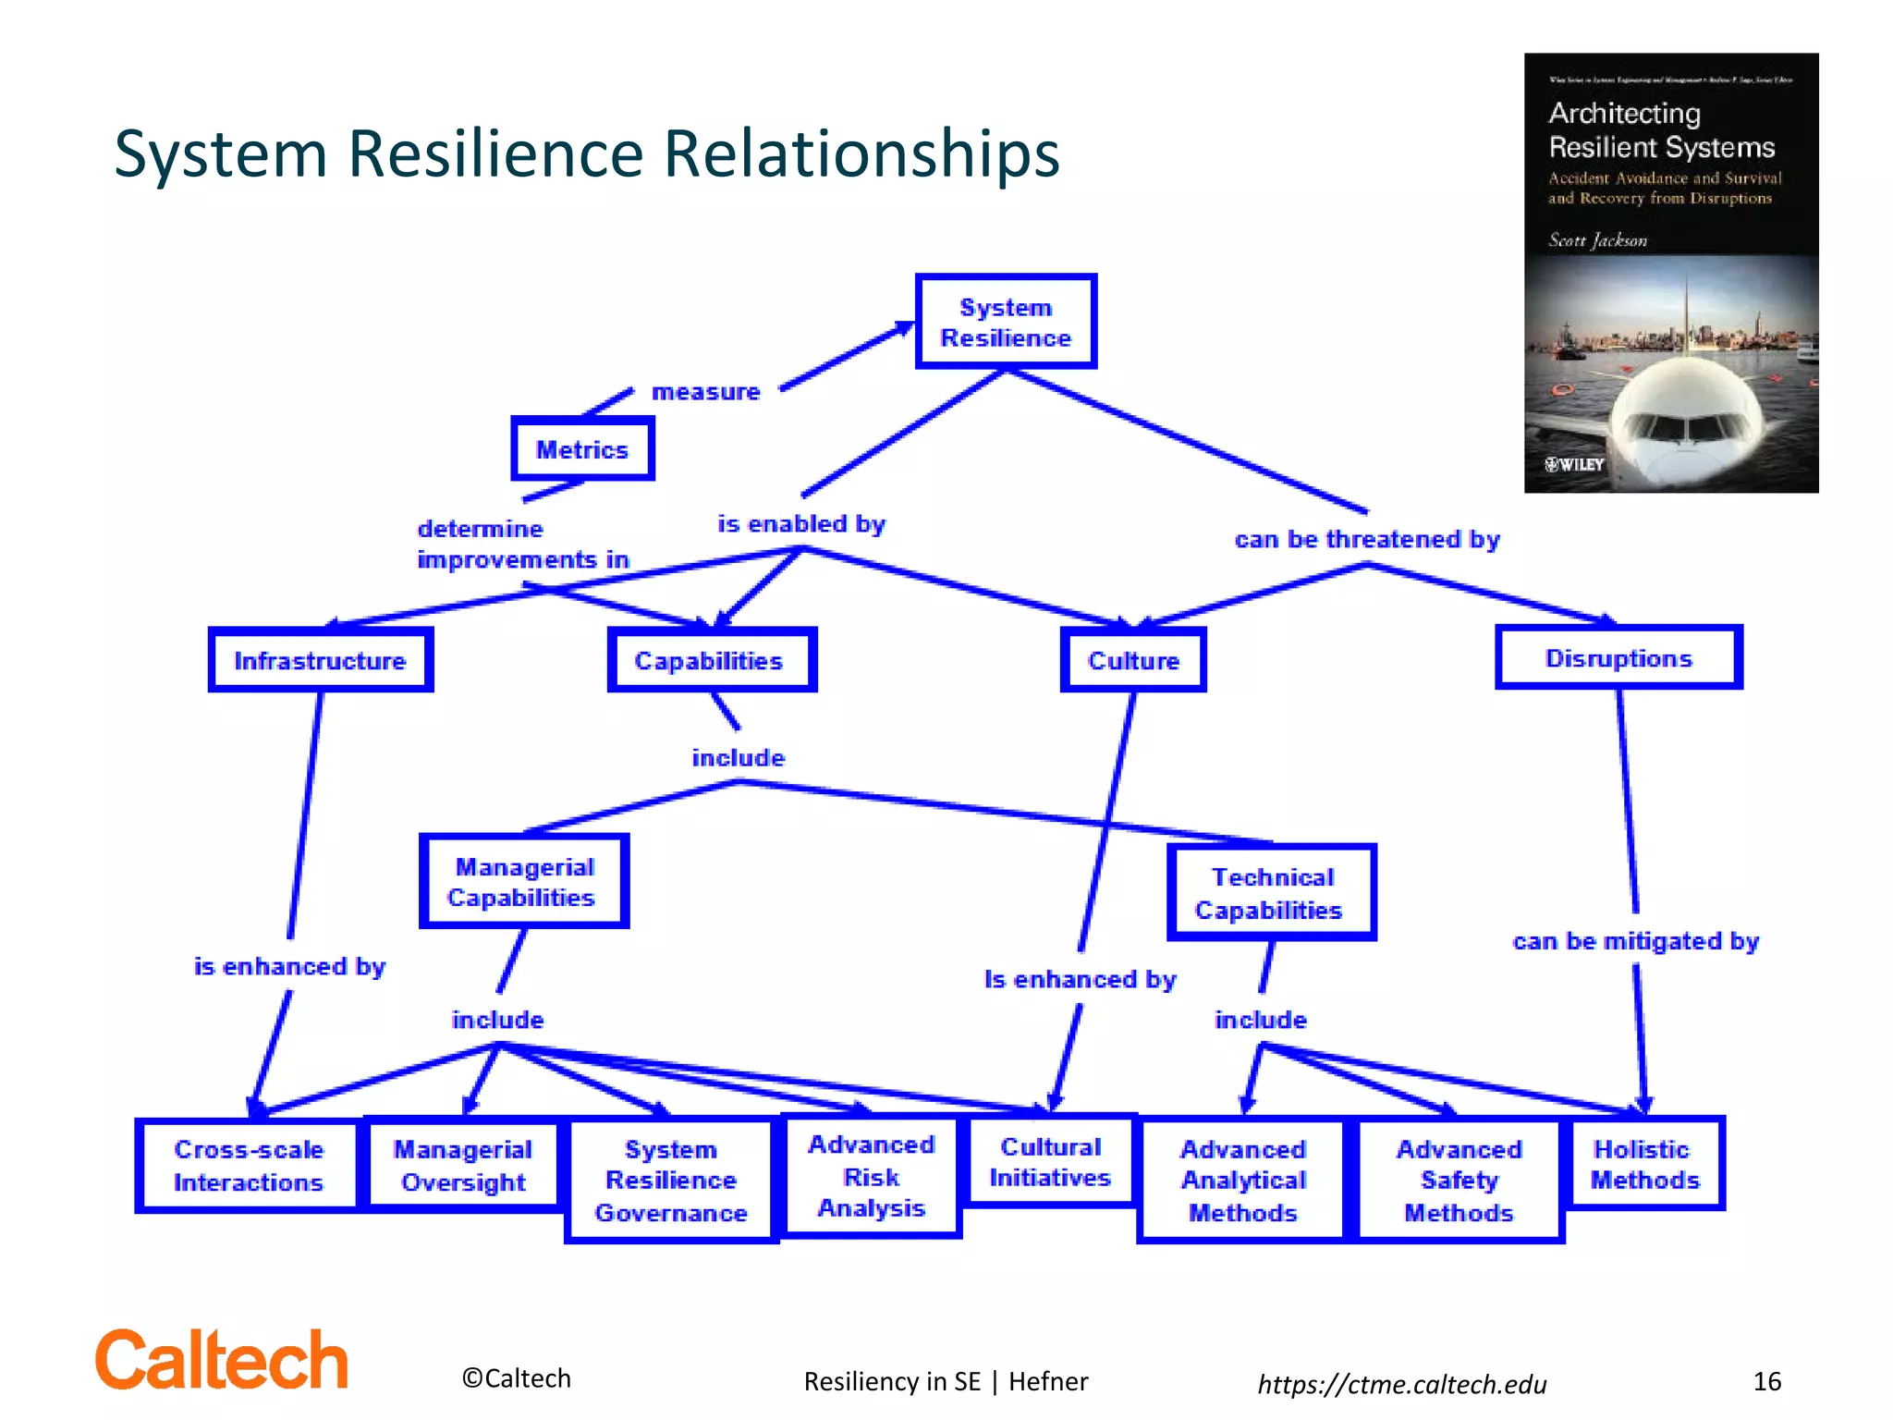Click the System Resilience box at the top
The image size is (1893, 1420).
click(1006, 322)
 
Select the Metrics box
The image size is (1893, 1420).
click(582, 449)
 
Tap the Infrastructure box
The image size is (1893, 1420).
click(321, 660)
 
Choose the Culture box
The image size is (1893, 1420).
click(1133, 660)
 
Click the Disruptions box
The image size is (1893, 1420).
click(1618, 657)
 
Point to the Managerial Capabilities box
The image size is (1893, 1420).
click(524, 881)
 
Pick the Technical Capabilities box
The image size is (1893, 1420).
click(1271, 892)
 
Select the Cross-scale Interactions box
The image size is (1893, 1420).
click(248, 1165)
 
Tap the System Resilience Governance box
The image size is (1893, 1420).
click(671, 1180)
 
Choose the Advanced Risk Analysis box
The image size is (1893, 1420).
click(872, 1175)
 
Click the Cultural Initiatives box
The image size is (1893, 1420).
click(1051, 1161)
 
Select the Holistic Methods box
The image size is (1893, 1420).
click(1644, 1163)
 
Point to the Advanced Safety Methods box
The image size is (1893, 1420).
click(1459, 1180)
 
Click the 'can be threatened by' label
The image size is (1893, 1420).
click(1367, 539)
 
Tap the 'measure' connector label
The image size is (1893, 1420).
click(706, 392)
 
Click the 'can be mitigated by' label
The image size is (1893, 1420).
click(1635, 941)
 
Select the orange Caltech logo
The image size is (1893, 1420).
click(222, 1360)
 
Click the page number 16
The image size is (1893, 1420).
click(1766, 1381)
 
